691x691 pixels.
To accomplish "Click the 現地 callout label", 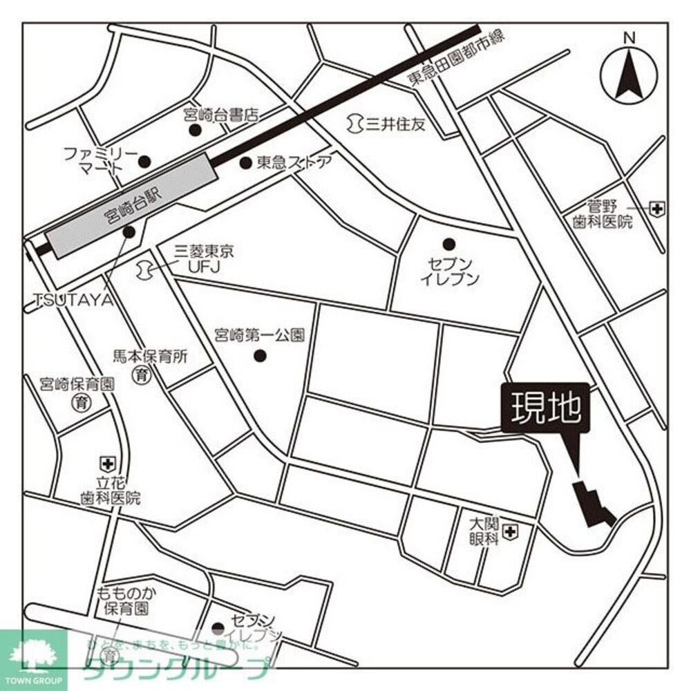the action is point(546,410).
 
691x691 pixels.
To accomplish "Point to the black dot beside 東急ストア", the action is point(245,163).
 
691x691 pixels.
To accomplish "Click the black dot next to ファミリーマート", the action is point(144,162).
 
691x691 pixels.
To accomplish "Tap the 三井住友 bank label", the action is point(395,124).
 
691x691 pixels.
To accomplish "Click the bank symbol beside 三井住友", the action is point(354,124).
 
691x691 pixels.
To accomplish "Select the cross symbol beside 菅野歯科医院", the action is point(656,207).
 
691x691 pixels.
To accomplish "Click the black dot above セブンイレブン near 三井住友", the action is point(449,243).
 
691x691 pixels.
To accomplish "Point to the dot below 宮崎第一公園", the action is point(261,357).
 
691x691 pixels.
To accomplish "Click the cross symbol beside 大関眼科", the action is point(511,531).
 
